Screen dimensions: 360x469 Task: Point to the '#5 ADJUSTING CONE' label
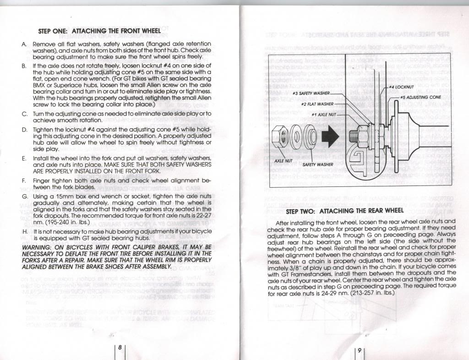(420, 97)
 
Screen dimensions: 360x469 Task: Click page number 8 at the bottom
(120, 347)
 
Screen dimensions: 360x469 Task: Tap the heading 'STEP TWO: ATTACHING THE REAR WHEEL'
(351, 212)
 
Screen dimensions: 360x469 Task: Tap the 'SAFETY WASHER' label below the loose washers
(318, 164)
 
